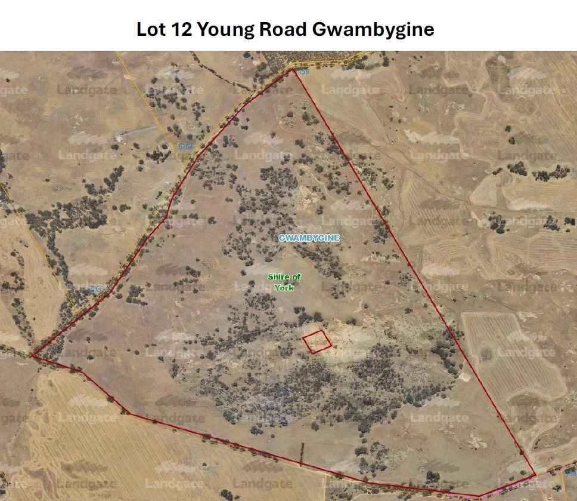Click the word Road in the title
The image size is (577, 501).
click(x=283, y=29)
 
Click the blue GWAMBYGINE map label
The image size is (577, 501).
click(x=309, y=238)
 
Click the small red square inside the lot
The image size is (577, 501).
click(x=317, y=342)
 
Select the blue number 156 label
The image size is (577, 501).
click(x=303, y=72)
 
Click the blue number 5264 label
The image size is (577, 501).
click(x=187, y=146)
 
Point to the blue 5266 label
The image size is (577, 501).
click(x=95, y=289)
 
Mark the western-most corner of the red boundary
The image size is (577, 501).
click(x=32, y=356)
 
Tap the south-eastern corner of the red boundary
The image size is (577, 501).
click(x=534, y=475)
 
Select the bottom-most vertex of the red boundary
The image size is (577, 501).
click(x=480, y=496)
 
